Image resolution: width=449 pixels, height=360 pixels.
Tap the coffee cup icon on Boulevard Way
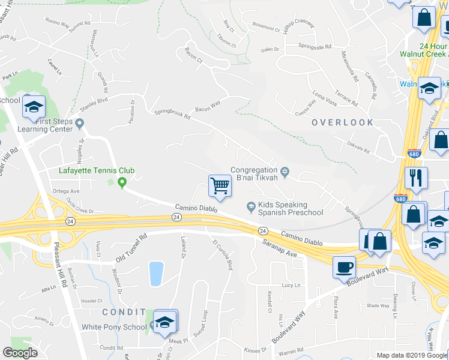[x=345, y=266]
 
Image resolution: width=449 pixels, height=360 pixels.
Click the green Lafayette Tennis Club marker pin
[x=122, y=183]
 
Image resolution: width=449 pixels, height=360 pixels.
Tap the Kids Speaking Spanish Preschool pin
[x=251, y=207]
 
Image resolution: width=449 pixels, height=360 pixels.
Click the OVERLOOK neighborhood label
[x=342, y=122]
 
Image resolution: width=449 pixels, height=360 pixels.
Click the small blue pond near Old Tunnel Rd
[x=156, y=273]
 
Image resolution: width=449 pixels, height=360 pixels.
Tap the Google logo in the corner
[x=20, y=352]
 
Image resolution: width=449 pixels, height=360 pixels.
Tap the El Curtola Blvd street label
[x=222, y=254]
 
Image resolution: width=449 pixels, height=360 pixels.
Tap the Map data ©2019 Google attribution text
[x=412, y=355]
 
